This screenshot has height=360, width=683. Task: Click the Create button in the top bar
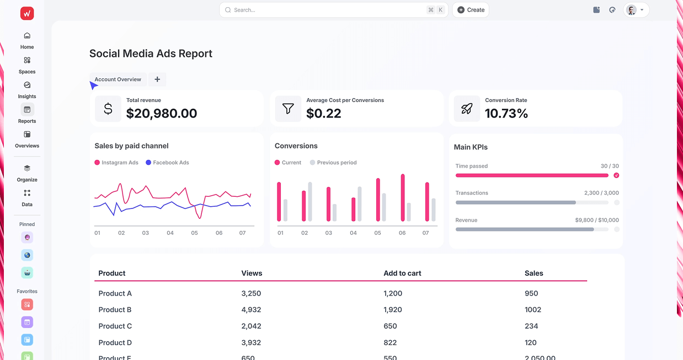[471, 10]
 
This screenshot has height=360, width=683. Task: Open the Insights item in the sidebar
[27, 90]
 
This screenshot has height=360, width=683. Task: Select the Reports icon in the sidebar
[27, 110]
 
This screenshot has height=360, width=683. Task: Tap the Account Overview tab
[118, 79]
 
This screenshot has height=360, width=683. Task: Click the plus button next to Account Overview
[157, 79]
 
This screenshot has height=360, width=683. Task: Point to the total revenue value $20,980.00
[162, 114]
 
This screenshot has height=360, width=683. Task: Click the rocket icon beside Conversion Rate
[467, 109]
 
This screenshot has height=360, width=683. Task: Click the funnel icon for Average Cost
[288, 109]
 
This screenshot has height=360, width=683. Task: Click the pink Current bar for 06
[403, 197]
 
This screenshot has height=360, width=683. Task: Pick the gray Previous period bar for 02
[310, 201]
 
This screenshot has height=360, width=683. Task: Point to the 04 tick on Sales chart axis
[170, 233]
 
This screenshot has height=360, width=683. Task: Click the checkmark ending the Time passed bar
[616, 175]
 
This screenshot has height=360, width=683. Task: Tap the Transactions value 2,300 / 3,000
[601, 193]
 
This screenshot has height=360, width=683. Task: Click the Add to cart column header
[402, 273]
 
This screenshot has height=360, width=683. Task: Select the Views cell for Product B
[251, 310]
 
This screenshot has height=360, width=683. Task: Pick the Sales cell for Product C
[531, 326]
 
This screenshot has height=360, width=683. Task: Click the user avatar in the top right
[632, 10]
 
